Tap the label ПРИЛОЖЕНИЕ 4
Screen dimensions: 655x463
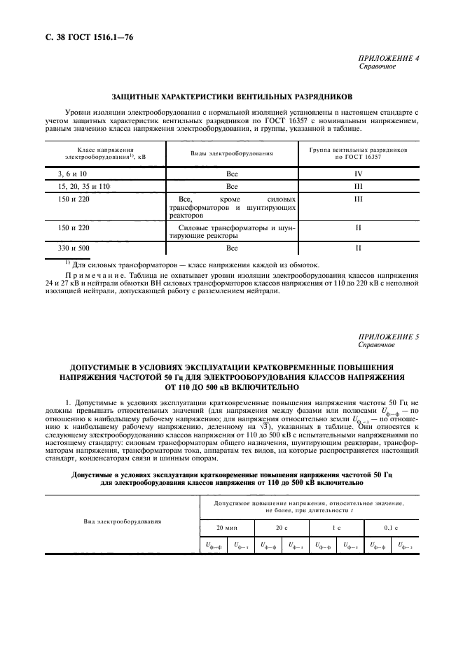coord(389,59)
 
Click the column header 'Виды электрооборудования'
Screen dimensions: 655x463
coord(232,152)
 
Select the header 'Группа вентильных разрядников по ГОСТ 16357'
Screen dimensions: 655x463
coord(358,152)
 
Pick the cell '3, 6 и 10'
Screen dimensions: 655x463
coord(72,172)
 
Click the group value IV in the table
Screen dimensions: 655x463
coord(358,172)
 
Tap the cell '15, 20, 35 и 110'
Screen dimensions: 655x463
coord(83,187)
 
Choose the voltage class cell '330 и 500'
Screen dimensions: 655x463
coord(74,248)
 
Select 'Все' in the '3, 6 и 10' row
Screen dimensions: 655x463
coord(232,172)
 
